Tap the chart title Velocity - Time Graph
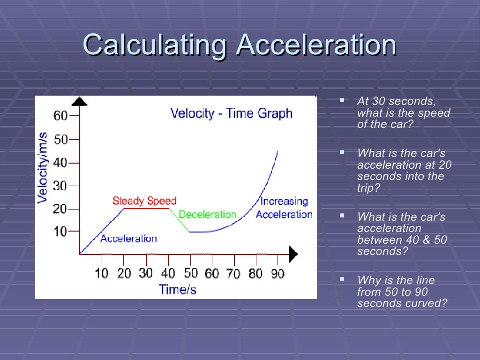click(x=231, y=113)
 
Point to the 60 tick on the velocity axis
click(x=61, y=115)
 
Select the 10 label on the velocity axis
click(x=61, y=231)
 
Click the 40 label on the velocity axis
click(x=61, y=163)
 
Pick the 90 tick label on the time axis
click(x=277, y=273)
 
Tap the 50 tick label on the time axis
click(x=190, y=273)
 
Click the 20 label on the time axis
click(x=124, y=273)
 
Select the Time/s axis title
click(x=178, y=289)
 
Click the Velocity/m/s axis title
click(x=43, y=167)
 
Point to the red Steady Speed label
click(x=144, y=201)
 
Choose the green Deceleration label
click(x=207, y=215)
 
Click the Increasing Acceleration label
click(x=284, y=208)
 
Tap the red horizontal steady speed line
click(x=146, y=209)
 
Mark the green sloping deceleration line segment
click(x=179, y=220)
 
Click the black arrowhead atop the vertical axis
click(x=80, y=101)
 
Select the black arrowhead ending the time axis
click(x=293, y=254)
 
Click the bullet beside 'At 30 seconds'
click(x=342, y=100)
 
